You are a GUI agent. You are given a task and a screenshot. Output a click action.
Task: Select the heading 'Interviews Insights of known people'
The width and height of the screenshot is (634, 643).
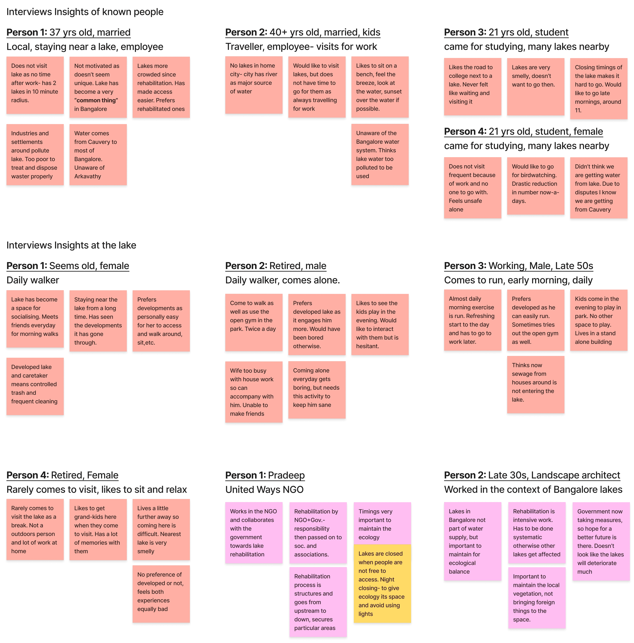[x=85, y=12]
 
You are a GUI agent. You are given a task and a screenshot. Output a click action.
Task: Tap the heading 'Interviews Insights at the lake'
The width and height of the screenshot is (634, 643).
[x=71, y=245]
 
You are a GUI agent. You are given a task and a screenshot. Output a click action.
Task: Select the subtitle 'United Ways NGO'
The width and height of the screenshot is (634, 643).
[x=264, y=490]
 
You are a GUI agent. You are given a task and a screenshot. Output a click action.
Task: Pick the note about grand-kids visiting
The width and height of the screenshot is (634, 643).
[x=98, y=529]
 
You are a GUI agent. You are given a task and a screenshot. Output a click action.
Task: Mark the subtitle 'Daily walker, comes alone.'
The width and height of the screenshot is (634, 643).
[x=282, y=280]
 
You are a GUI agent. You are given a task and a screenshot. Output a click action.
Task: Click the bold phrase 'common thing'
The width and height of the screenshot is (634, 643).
[x=96, y=100]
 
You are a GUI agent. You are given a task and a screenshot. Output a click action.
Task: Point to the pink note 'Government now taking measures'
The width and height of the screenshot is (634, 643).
[x=601, y=541]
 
